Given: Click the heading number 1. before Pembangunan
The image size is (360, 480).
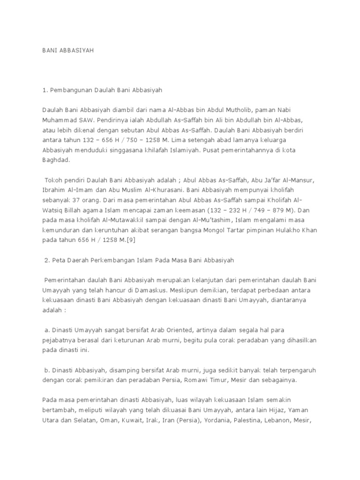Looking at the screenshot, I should pyautogui.click(x=45, y=89).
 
